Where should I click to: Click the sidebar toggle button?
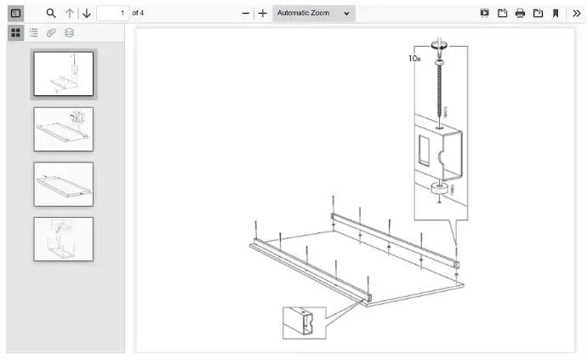click(x=15, y=14)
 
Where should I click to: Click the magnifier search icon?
click(x=51, y=14)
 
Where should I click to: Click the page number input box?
click(x=111, y=14)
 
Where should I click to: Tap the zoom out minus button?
click(x=246, y=14)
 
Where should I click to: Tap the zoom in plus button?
click(x=263, y=14)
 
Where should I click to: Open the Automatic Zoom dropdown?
click(x=313, y=14)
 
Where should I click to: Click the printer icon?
click(x=520, y=14)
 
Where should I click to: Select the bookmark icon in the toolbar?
click(x=556, y=14)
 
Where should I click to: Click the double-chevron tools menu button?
click(x=576, y=14)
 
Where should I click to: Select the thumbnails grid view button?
click(x=15, y=32)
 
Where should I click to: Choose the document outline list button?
click(x=33, y=32)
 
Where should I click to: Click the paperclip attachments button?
click(x=51, y=32)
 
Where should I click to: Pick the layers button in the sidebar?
click(x=69, y=32)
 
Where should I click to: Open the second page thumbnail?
click(x=64, y=129)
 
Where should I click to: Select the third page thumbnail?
click(x=64, y=184)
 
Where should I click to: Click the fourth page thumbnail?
click(x=64, y=239)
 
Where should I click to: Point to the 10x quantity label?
click(x=414, y=59)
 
